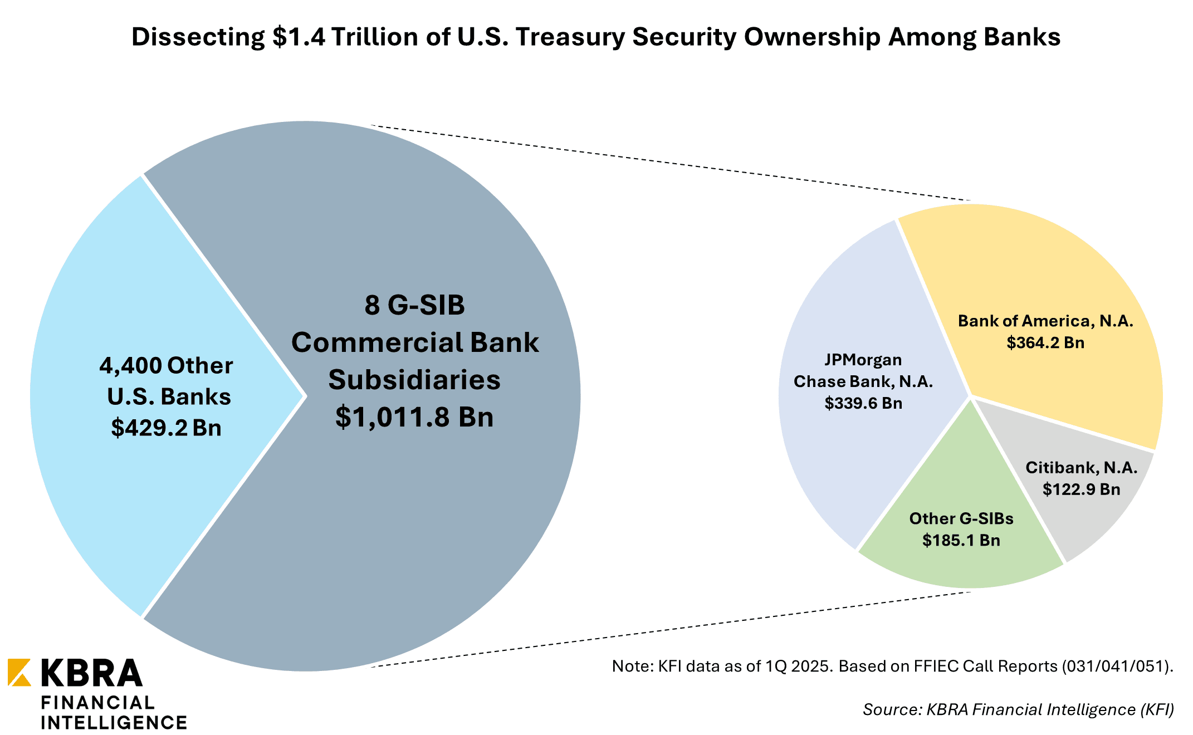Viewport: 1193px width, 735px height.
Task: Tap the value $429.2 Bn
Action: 166,428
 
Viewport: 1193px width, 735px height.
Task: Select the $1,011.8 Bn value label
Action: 414,416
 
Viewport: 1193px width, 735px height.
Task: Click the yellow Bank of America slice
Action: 1058,267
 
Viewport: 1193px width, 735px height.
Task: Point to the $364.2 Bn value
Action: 1045,342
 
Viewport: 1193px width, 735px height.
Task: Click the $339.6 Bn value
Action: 863,403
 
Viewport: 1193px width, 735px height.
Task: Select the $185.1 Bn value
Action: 961,540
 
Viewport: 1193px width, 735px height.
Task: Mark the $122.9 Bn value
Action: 1082,489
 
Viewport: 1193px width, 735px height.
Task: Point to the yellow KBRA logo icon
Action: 19,672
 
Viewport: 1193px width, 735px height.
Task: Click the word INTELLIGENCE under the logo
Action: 114,723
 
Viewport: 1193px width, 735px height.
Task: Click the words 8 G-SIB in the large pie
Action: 414,305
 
